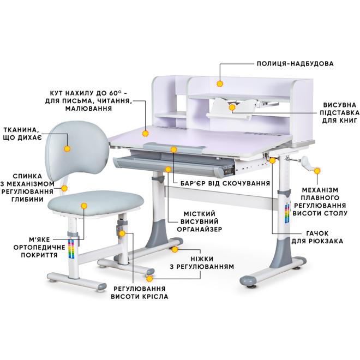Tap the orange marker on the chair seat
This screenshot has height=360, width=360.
(x=84, y=206)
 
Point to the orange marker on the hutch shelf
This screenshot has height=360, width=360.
(x=220, y=83)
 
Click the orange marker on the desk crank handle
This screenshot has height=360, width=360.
(x=316, y=170)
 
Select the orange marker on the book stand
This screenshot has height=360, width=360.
(x=232, y=108)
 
